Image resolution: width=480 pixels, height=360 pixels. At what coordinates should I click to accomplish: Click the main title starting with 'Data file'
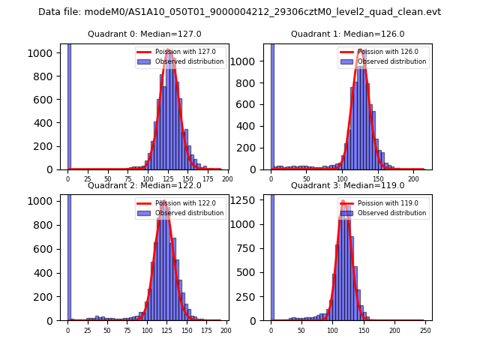pyautogui.click(x=239, y=12)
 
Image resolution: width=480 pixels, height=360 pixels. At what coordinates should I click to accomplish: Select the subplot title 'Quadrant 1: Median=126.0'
pyautogui.click(x=347, y=34)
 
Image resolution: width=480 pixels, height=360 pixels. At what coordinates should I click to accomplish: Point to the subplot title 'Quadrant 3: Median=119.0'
pyautogui.click(x=347, y=185)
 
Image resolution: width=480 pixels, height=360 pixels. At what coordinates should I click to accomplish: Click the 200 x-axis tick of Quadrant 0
pyautogui.click(x=227, y=179)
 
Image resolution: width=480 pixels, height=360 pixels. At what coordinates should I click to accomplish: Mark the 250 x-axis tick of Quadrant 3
pyautogui.click(x=425, y=331)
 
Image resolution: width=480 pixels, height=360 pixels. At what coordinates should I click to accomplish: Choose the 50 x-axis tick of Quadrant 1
pyautogui.click(x=307, y=179)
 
